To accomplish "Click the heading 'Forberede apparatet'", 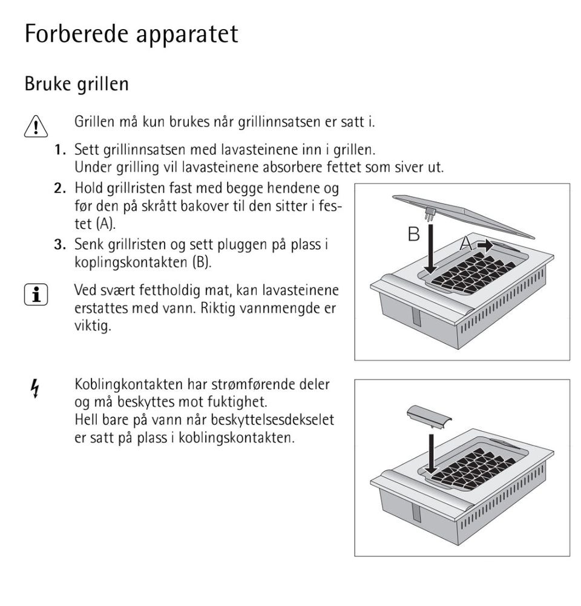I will tap(131, 34).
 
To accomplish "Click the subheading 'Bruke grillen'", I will tap(76, 84).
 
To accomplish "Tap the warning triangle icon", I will tap(36, 125).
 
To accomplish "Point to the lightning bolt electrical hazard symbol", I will tap(35, 388).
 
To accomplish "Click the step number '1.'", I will tap(61, 149).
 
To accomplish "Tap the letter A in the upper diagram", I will tap(466, 244).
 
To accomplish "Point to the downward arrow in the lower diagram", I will tap(430, 451).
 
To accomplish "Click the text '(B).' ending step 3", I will tap(201, 263).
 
